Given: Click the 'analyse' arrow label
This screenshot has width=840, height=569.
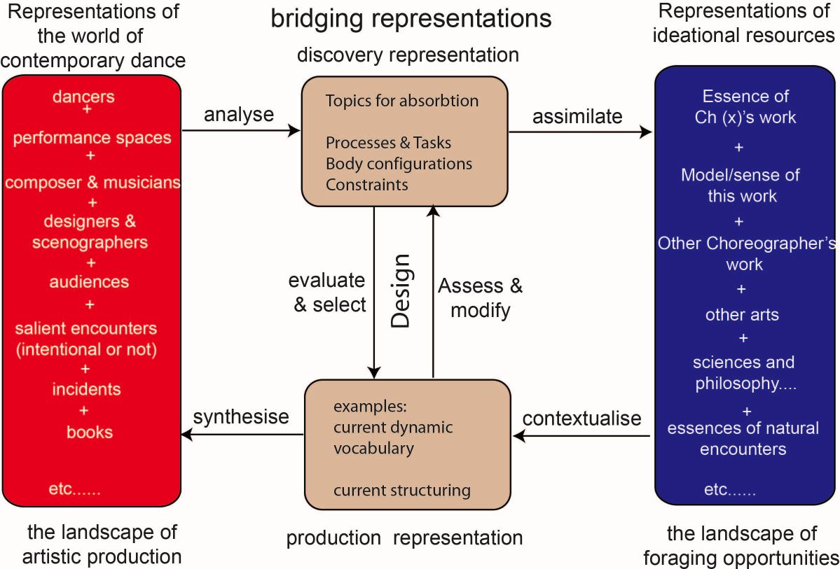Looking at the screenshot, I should coord(238,115).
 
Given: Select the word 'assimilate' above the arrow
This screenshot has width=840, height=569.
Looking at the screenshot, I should coord(577,116).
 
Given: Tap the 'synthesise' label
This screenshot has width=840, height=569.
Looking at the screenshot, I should coord(241,417).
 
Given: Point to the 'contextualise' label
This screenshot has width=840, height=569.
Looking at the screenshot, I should coord(581,419).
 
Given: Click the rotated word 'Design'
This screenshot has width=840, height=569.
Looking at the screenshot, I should coord(401,290).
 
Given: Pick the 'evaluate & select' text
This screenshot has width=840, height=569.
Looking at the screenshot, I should coord(326,293).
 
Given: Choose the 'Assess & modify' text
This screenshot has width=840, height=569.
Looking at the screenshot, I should coord(480,297).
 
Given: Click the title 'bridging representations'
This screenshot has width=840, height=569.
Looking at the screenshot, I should coord(411,19).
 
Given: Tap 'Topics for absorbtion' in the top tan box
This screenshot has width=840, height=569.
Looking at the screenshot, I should coord(401,101).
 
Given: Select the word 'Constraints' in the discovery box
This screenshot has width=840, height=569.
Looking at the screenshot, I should coord(366,185).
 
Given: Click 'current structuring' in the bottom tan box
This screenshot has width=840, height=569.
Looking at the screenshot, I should coord(401,490).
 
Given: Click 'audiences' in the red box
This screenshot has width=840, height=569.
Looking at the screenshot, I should coord(89,281).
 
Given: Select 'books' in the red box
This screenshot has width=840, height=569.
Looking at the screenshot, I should coord(90,432).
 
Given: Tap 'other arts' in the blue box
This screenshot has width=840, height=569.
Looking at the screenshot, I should coord(742,314).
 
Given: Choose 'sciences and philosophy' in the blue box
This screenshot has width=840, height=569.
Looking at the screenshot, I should coord(743,373).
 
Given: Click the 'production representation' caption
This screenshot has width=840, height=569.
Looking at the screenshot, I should coord(404,538).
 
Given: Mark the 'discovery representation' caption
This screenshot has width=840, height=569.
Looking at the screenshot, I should coord(408,55).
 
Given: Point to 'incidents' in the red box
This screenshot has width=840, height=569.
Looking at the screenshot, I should coord(86,389).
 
